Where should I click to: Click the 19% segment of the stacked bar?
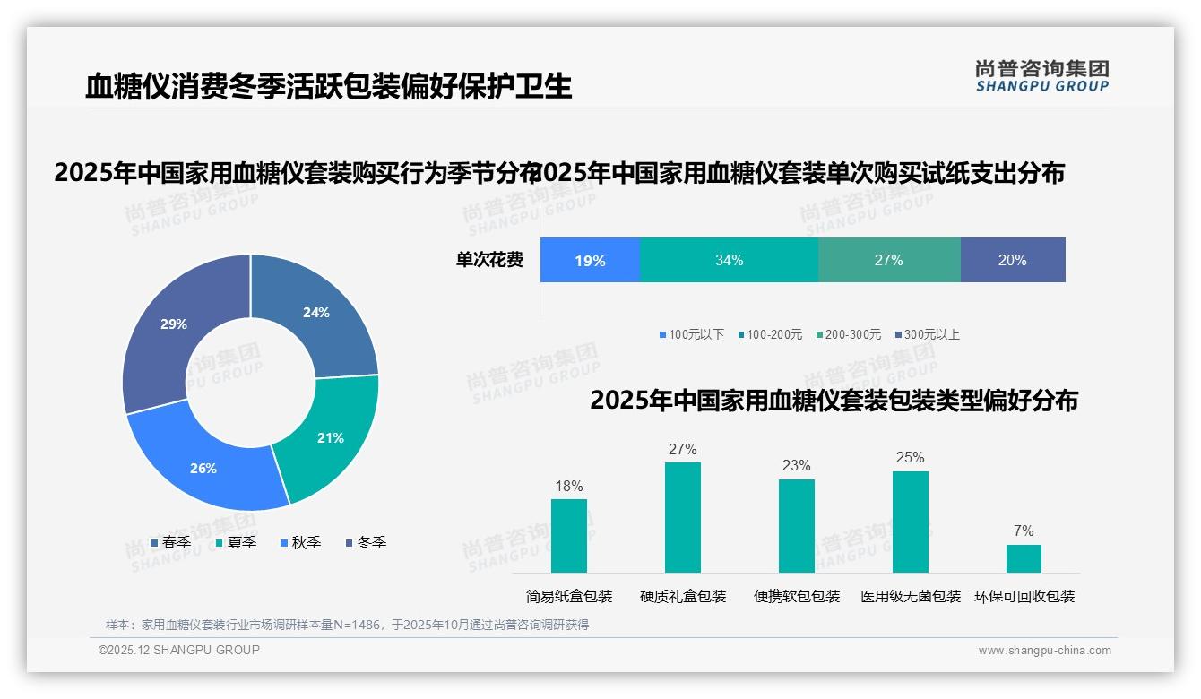coord(590,260)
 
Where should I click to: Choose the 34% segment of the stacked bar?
coord(729,260)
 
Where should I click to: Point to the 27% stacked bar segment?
coord(889,260)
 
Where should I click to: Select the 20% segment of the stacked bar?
coord(1013,260)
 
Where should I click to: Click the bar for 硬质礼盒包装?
coord(683,517)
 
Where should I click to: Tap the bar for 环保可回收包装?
coord(1024,558)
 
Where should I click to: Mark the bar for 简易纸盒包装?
coord(569,536)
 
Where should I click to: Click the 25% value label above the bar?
coord(910,457)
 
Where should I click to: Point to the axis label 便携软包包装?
coord(797,596)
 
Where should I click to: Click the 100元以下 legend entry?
coord(691,334)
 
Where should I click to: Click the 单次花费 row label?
coord(489,260)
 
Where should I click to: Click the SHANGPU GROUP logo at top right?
coord(1041,75)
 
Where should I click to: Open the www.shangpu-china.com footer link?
coord(1044,651)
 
